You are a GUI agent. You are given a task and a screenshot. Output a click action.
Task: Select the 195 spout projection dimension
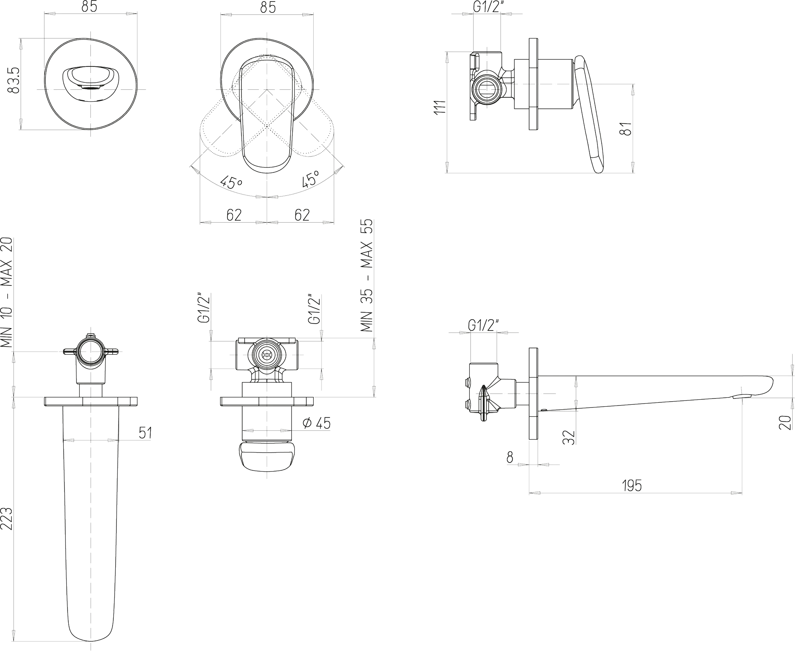pos(632,486)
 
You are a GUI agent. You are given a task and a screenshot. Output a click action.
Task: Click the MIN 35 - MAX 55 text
pos(366,275)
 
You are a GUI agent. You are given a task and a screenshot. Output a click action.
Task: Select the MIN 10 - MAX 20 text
pos(7,293)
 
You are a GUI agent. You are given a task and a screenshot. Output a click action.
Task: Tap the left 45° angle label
pos(232,182)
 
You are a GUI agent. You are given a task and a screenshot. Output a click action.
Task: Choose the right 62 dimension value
pos(302,215)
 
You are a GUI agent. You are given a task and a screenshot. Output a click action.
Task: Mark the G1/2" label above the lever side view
pos(487,7)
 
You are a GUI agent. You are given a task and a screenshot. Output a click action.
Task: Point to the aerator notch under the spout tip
pos(741,397)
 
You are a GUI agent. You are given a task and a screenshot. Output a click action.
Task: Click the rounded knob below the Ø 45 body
pos(267,456)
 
